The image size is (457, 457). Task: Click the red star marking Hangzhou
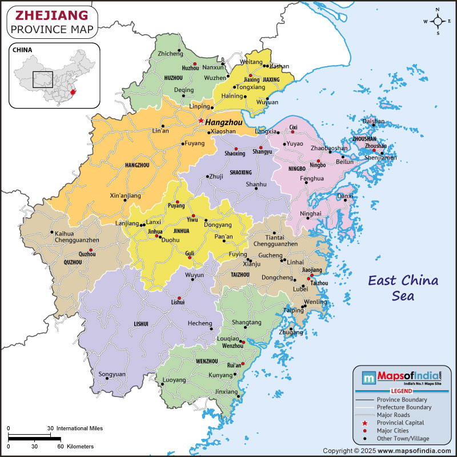pyautogui.click(x=201, y=121)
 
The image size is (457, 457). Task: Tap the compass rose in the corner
pyautogui.click(x=438, y=22)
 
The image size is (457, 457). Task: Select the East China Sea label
pyautogui.click(x=403, y=288)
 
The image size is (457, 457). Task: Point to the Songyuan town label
pyautogui.click(x=112, y=374)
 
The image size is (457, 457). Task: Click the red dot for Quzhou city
pyautogui.click(x=90, y=250)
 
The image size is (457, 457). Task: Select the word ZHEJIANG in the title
pyautogui.click(x=47, y=14)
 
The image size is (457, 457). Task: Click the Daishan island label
pyautogui.click(x=374, y=121)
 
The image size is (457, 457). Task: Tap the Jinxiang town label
pyautogui.click(x=226, y=392)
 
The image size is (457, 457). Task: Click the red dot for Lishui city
pyautogui.click(x=179, y=298)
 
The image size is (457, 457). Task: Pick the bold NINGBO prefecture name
pyautogui.click(x=297, y=169)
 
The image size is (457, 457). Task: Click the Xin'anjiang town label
pyautogui.click(x=125, y=195)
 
